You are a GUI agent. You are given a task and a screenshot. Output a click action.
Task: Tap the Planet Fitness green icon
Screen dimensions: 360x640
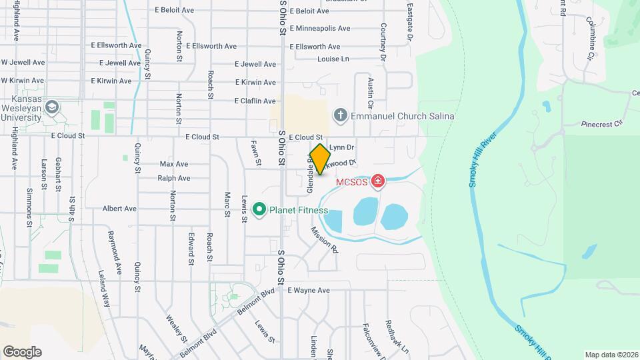click(x=259, y=210)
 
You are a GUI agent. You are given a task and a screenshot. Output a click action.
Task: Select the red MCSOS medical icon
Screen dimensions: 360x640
click(x=378, y=181)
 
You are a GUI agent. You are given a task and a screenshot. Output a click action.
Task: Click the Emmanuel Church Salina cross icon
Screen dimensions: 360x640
click(x=341, y=116)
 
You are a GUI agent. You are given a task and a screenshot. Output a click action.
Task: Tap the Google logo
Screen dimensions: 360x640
click(x=22, y=351)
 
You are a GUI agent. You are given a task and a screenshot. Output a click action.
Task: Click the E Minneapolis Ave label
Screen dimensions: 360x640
click(x=320, y=29)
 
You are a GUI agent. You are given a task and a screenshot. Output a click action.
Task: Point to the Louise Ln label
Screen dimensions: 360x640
click(x=333, y=59)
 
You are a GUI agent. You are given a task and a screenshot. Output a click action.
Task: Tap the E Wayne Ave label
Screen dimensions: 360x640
click(x=309, y=291)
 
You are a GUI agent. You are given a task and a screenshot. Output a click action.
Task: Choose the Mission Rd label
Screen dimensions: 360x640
click(x=325, y=240)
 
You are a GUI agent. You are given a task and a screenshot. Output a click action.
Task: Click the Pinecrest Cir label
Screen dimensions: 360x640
click(x=601, y=123)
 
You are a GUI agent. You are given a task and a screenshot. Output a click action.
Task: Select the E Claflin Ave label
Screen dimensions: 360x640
click(x=255, y=101)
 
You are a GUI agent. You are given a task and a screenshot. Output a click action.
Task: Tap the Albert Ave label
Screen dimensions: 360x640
click(x=119, y=209)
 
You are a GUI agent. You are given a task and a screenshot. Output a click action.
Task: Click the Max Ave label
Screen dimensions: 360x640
click(x=174, y=164)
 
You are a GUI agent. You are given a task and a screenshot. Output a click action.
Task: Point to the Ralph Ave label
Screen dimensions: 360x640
click(x=174, y=178)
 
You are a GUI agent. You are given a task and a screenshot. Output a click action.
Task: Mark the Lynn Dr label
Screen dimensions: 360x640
click(x=341, y=147)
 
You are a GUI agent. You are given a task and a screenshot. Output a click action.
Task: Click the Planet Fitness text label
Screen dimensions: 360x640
click(x=298, y=211)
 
